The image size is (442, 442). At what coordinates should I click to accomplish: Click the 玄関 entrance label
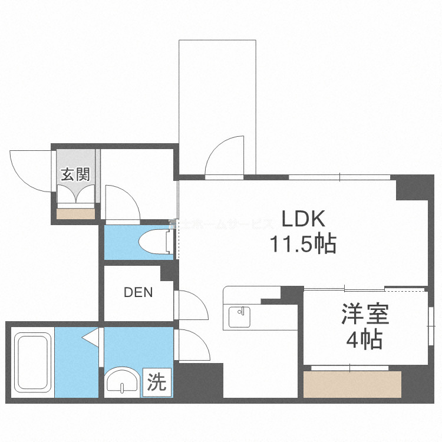76,174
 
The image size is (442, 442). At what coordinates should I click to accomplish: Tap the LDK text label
302,219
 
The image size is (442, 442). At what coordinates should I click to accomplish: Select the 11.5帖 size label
302,243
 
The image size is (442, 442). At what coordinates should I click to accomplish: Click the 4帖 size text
365,340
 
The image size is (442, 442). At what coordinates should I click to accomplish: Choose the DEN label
138,292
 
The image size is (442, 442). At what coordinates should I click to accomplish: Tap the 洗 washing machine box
156,384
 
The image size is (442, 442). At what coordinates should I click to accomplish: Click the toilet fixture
154,240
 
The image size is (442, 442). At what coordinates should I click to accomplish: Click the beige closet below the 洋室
352,384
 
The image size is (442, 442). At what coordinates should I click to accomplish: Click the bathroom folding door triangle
91,338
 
